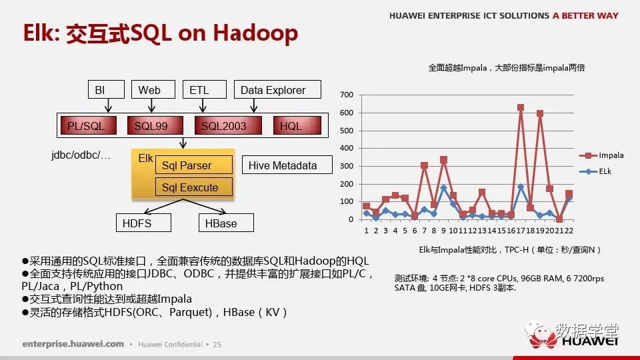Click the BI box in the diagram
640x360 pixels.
106,89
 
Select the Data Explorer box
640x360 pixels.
277,89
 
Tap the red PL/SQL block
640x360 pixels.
89,125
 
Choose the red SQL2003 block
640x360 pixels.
228,125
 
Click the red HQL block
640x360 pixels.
297,125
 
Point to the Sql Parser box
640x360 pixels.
194,165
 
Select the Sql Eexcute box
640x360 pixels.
194,187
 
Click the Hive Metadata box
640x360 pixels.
287,165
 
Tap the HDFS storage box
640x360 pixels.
143,223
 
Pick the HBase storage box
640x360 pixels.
226,223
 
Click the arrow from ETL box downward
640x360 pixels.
203,105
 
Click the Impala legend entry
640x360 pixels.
601,155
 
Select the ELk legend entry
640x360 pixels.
595,171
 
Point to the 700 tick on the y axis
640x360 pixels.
347,95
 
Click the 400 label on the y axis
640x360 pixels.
347,148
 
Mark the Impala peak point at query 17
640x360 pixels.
521,107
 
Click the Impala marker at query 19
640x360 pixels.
540,113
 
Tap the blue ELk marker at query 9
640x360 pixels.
444,188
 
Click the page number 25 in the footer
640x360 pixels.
217,345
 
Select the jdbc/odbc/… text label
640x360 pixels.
81,155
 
